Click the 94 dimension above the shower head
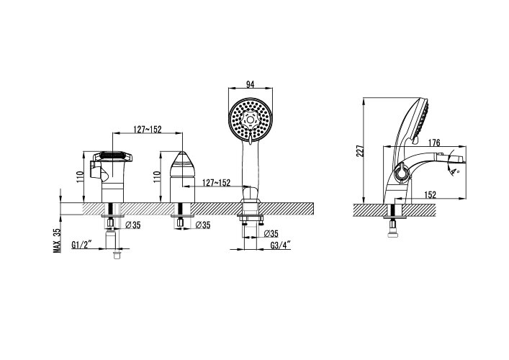coord(250,84)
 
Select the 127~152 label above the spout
coord(148,129)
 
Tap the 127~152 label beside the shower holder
coord(216,183)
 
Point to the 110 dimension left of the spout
coord(80,176)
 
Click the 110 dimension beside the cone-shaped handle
coord(157,176)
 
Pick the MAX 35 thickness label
coord(57,240)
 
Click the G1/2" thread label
coord(82,245)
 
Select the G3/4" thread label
coord(281,246)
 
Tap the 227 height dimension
coord(360,150)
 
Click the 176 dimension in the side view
coord(434,143)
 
